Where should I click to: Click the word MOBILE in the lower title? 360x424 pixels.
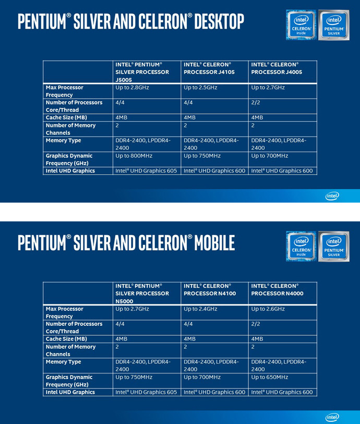click(x=214, y=243)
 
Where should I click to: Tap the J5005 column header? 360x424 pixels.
click(x=142, y=72)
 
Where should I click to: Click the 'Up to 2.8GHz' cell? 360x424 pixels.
click(x=132, y=88)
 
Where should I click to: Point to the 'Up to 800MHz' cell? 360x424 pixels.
click(x=134, y=156)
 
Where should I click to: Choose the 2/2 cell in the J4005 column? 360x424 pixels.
click(x=256, y=103)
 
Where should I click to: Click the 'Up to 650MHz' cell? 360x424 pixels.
click(x=269, y=377)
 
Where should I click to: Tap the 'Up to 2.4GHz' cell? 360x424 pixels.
click(x=200, y=309)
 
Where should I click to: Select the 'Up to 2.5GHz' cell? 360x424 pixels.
click(x=200, y=88)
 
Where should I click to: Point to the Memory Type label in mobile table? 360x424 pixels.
click(x=63, y=362)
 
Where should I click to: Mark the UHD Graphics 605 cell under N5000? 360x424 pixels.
click(x=146, y=392)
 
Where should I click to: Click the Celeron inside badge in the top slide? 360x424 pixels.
click(x=301, y=25)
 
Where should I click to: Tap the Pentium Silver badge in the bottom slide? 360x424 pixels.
click(x=333, y=246)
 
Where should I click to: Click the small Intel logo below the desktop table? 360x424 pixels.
click(x=332, y=196)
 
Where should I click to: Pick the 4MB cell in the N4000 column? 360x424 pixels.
click(x=257, y=339)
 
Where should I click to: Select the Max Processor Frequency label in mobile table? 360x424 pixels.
click(x=64, y=313)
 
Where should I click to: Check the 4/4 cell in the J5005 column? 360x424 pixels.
click(x=120, y=103)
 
